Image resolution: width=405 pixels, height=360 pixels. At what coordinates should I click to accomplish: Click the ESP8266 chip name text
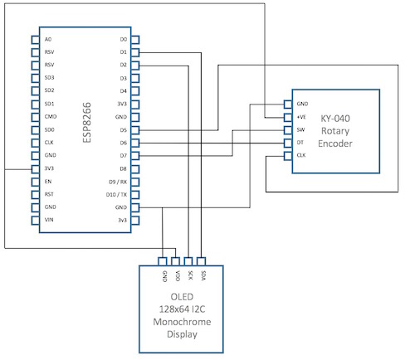coord(87,123)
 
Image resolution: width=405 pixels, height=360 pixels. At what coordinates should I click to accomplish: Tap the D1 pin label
coord(124,52)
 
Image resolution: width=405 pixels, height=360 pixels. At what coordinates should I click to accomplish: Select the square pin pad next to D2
coord(135,66)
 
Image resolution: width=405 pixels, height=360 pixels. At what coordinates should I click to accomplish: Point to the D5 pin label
coord(124,130)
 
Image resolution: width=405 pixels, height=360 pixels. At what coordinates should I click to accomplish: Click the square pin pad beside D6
coord(135,143)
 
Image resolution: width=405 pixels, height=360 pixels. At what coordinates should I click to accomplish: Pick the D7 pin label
coord(124,156)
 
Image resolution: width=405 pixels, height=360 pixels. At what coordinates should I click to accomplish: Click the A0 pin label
coord(48,39)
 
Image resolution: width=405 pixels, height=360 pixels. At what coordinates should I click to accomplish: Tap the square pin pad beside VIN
coord(36,221)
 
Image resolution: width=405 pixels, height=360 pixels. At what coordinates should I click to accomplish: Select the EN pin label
coord(48,182)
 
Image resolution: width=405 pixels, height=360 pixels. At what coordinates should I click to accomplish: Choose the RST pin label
coord(49,194)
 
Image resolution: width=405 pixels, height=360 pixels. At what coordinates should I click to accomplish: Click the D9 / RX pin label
coord(118,182)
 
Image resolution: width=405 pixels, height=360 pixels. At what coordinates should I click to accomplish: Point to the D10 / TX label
coord(116,195)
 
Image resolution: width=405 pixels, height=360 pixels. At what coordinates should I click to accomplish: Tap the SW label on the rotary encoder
coord(300,129)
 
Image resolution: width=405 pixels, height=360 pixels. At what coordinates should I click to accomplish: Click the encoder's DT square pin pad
coord(288,144)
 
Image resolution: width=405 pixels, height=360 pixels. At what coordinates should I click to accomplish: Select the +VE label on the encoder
coord(301,117)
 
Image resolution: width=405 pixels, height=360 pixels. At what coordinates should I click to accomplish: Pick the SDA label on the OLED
coord(203,275)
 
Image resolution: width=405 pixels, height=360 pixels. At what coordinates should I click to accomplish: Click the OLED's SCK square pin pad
coord(188,261)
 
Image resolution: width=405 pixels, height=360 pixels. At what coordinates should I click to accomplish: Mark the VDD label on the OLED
coord(178,275)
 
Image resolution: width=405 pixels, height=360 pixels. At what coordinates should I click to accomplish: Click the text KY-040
coord(335,119)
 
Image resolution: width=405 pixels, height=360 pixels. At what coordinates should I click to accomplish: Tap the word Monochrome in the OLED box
coord(182,322)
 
